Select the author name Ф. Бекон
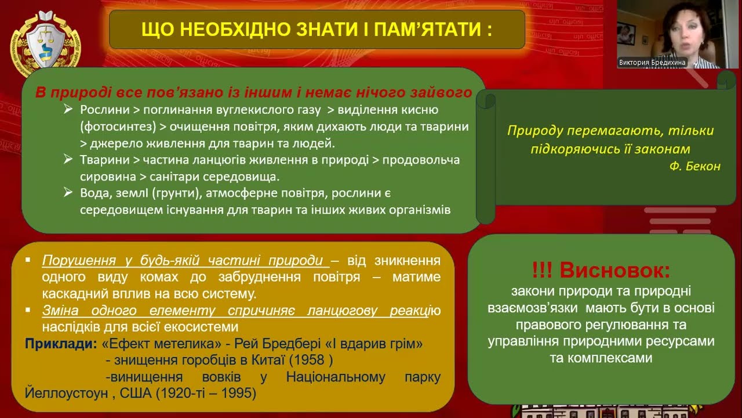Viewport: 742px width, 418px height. pos(694,167)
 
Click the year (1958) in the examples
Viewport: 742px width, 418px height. pos(314,360)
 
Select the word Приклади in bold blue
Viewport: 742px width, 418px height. pos(60,344)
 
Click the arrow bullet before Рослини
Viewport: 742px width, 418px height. pos(68,110)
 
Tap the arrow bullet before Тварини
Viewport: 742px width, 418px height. pos(68,160)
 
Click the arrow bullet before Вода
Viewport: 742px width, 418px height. pos(68,193)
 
